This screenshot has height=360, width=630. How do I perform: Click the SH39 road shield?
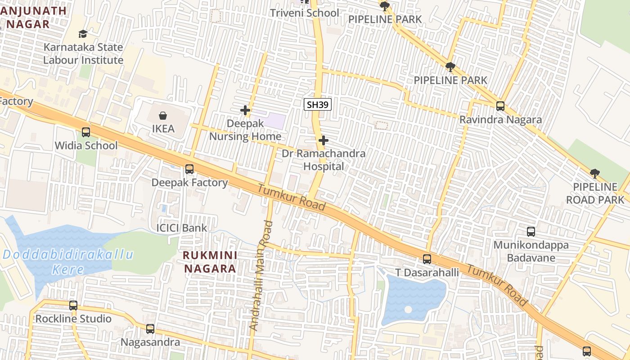[x=318, y=105]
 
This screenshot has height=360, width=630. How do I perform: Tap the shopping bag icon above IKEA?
[x=163, y=116]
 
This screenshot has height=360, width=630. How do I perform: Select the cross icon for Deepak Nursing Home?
[x=245, y=110]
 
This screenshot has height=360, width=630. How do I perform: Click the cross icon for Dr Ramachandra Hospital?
[x=323, y=140]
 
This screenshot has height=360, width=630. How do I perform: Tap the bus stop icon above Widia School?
[x=86, y=132]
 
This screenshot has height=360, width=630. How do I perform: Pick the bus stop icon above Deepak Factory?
[x=189, y=169]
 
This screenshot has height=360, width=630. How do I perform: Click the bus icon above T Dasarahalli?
[x=427, y=259]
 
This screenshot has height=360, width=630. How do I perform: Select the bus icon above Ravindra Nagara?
[x=500, y=106]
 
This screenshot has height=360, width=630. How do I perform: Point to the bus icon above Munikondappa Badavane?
[x=531, y=232]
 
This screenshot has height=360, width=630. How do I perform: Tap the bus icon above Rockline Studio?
[x=73, y=306]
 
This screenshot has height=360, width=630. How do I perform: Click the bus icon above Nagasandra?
[x=150, y=329]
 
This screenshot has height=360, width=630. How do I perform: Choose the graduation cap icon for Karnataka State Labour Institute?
[x=83, y=34]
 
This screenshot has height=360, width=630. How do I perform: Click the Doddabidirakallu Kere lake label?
[x=68, y=262]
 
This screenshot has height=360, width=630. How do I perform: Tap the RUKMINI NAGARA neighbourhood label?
[x=210, y=261]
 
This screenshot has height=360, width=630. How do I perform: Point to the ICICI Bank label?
[x=181, y=228]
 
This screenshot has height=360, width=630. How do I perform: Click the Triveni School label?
[x=304, y=13]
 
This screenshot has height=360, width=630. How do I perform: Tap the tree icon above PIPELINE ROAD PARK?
[x=595, y=174]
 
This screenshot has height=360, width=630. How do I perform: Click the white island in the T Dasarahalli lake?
[x=408, y=310]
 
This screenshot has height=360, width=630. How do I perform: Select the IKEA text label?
[x=163, y=129]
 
